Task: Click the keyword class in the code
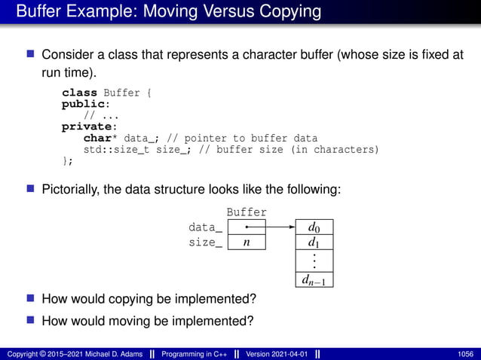tap(79, 93)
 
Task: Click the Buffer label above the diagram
tap(247, 213)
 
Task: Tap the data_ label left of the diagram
tap(205, 227)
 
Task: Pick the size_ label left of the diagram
tap(205, 243)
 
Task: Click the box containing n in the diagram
tap(247, 243)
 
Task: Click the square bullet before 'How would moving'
tap(31, 319)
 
